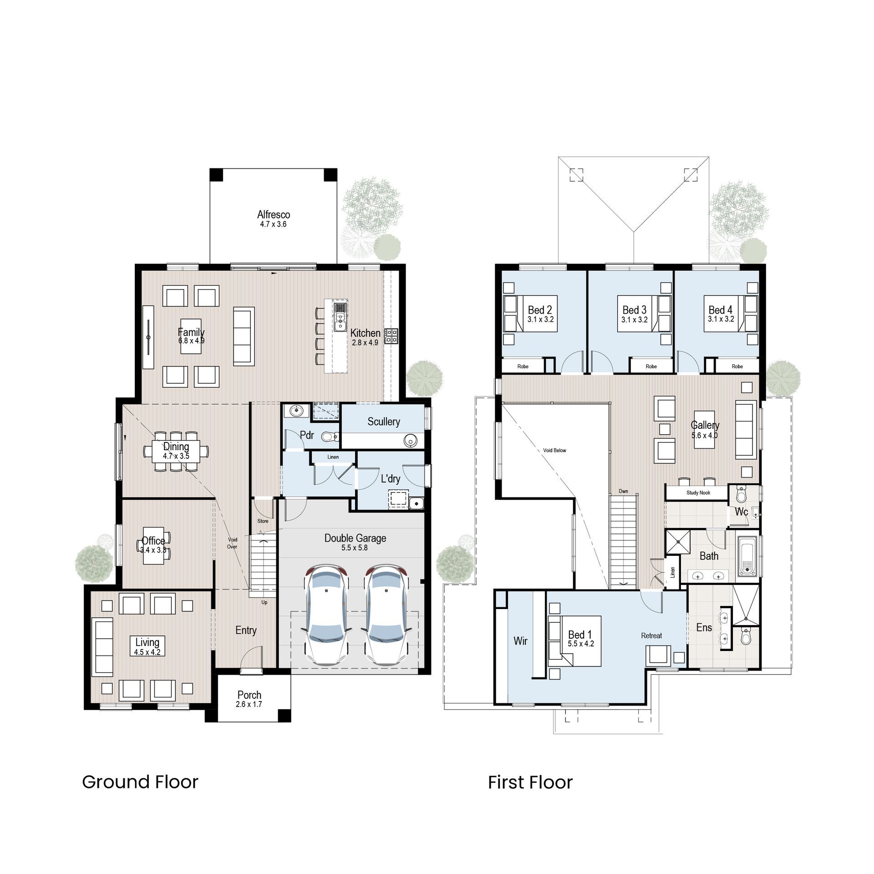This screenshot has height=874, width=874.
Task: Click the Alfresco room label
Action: pyautogui.click(x=273, y=214)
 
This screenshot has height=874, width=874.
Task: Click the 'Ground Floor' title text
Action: pyautogui.click(x=140, y=782)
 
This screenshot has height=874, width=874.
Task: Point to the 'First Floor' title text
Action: pyautogui.click(x=530, y=783)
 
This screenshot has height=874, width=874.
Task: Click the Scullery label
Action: pyautogui.click(x=384, y=422)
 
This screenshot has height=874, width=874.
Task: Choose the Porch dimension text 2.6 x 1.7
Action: pyautogui.click(x=249, y=704)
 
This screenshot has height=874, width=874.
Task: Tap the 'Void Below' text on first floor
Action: pyautogui.click(x=554, y=450)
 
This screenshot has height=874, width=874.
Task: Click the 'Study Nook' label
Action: pyautogui.click(x=698, y=493)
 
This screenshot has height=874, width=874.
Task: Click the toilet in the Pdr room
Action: pyautogui.click(x=329, y=437)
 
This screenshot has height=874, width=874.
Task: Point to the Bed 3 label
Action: pyautogui.click(x=635, y=310)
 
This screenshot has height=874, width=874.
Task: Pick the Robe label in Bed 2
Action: pyautogui.click(x=523, y=366)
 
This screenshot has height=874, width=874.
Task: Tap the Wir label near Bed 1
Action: pyautogui.click(x=520, y=641)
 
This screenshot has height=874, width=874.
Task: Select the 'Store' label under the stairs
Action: pyautogui.click(x=263, y=521)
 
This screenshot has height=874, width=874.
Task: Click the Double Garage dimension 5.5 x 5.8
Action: pyautogui.click(x=355, y=548)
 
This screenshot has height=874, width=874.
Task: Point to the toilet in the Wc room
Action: pyautogui.click(x=741, y=494)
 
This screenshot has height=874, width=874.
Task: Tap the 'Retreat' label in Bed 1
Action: pyautogui.click(x=651, y=635)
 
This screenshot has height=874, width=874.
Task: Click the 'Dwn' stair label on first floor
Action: pyautogui.click(x=623, y=491)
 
